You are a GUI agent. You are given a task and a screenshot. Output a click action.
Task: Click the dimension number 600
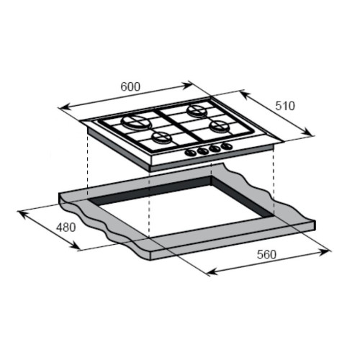(x=130, y=86)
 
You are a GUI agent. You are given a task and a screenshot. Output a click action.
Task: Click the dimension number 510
(x=285, y=105)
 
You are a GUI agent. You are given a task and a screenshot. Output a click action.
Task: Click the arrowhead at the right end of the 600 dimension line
(x=192, y=82)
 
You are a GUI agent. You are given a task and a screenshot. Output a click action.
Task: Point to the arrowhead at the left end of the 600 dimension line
(x=60, y=108)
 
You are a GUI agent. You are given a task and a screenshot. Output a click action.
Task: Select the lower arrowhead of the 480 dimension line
(x=78, y=248)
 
